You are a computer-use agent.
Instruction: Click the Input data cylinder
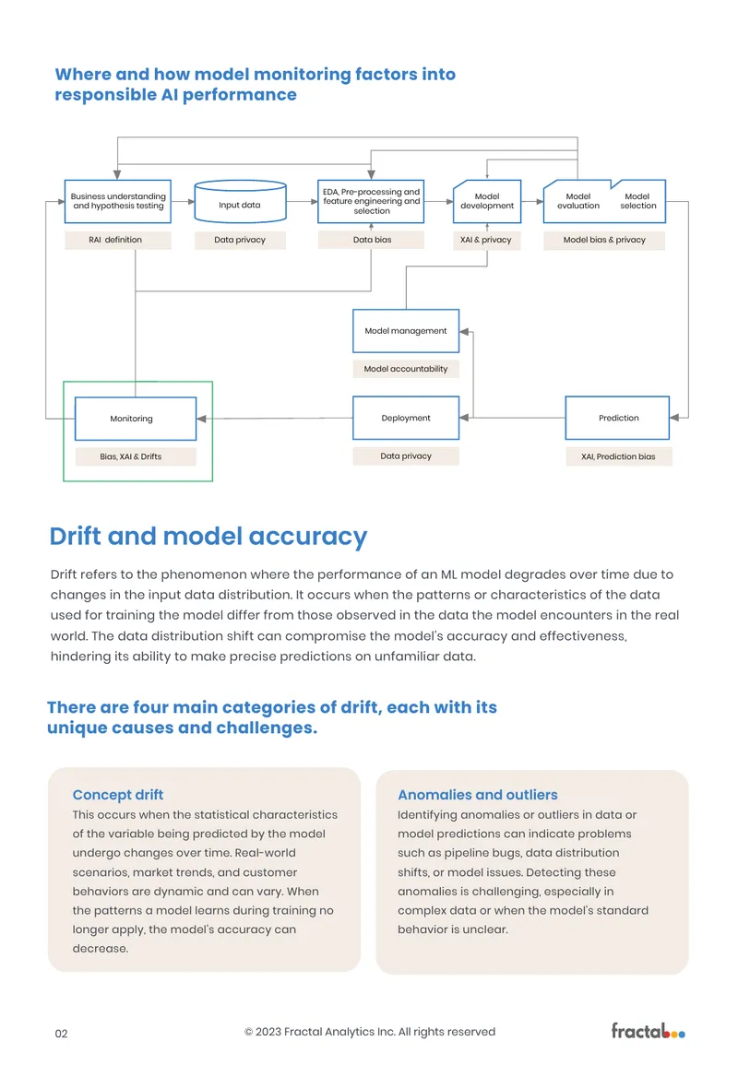tap(240, 202)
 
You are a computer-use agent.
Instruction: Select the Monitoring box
tap(136, 419)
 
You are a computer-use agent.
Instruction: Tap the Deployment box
tap(406, 418)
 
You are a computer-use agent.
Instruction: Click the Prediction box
tap(617, 418)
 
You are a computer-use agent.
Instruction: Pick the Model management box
tap(406, 331)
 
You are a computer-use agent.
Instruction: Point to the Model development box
tap(487, 201)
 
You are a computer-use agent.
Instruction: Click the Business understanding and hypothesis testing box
tap(117, 201)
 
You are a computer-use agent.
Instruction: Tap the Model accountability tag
tap(406, 369)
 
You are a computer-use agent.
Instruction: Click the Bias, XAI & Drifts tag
tap(136, 456)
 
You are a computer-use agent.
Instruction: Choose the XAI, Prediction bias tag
tap(618, 456)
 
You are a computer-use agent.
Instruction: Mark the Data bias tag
tap(371, 240)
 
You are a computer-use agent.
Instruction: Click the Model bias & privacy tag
tap(604, 240)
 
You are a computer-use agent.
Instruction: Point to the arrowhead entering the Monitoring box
tap(201, 419)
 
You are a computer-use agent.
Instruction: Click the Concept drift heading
tap(117, 795)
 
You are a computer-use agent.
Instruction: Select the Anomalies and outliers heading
tap(478, 795)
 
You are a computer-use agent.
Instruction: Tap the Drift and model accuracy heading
tap(208, 537)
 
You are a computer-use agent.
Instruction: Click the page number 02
tap(61, 1034)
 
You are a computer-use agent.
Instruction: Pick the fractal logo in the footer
tap(648, 1031)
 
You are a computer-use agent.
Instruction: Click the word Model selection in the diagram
tap(638, 201)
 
